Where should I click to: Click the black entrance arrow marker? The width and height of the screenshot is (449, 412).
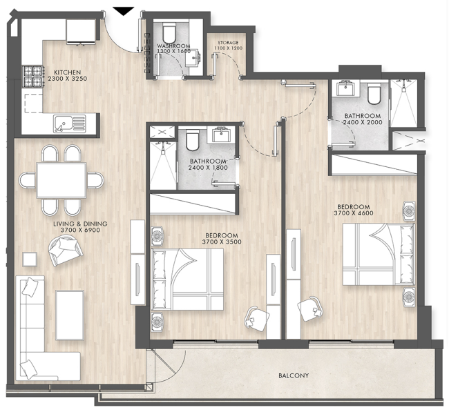pyautogui.click(x=123, y=11)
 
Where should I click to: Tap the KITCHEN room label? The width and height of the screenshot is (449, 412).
pyautogui.click(x=68, y=72)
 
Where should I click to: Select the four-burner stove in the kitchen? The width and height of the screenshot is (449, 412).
pyautogui.click(x=34, y=77)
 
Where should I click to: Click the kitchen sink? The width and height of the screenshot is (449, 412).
pyautogui.click(x=70, y=124)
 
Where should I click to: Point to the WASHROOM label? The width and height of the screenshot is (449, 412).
pyautogui.click(x=173, y=46)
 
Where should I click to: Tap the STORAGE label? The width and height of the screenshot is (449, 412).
pyautogui.click(x=228, y=43)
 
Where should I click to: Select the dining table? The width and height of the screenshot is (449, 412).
pyautogui.click(x=61, y=180)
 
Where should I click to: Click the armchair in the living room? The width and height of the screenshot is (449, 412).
pyautogui.click(x=66, y=251)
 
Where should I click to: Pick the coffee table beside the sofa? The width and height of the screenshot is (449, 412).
pyautogui.click(x=70, y=315)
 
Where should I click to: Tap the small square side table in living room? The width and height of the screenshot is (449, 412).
pyautogui.click(x=30, y=259)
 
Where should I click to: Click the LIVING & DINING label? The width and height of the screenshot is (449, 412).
pyautogui.click(x=80, y=224)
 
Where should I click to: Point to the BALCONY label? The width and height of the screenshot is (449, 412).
pyautogui.click(x=294, y=375)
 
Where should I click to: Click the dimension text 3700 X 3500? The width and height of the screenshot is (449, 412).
pyautogui.click(x=222, y=242)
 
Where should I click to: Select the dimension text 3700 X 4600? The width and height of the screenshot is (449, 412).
pyautogui.click(x=354, y=213)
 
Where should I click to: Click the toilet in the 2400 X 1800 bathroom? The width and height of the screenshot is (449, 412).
pyautogui.click(x=193, y=139)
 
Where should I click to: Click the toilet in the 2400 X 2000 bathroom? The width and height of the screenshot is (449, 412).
pyautogui.click(x=374, y=93)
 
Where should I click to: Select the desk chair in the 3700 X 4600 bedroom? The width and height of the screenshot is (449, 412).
pyautogui.click(x=310, y=308)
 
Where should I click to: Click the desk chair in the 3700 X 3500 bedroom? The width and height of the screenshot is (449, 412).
pyautogui.click(x=256, y=318)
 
